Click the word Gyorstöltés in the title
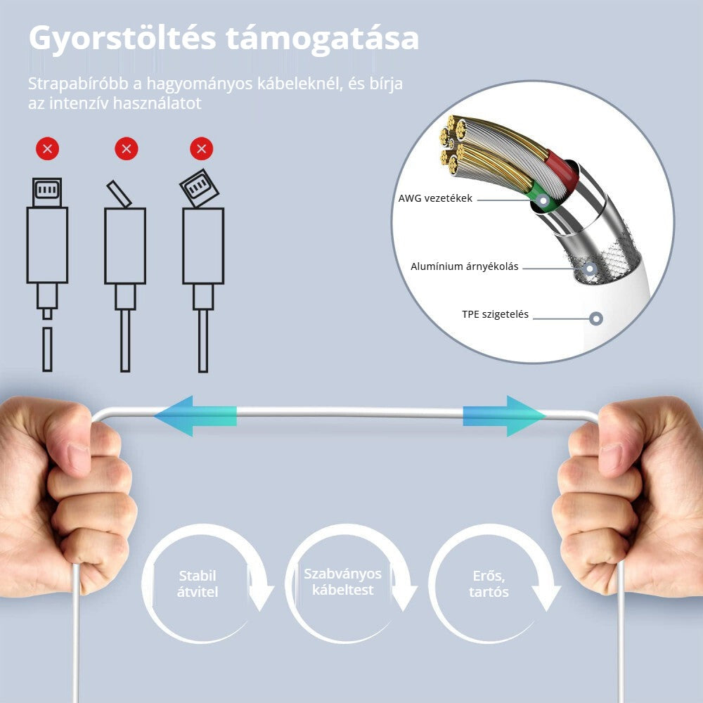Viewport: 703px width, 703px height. [x=122, y=39]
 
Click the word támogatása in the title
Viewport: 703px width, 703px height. [x=323, y=39]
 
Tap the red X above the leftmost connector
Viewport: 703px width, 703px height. [x=48, y=148]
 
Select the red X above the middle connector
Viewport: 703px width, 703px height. [x=127, y=148]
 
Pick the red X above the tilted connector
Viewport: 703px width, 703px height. [x=201, y=148]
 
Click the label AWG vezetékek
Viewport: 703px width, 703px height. [x=435, y=198]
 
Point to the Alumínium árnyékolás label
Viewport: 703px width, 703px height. [x=465, y=266]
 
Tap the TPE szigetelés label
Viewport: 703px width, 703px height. [x=496, y=314]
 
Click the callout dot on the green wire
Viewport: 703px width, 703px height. [x=543, y=200]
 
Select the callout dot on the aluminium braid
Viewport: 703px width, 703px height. [x=591, y=269]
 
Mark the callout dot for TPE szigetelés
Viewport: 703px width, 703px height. [x=596, y=318]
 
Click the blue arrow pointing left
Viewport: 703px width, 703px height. [x=195, y=416]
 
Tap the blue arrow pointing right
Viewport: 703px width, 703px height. [x=504, y=416]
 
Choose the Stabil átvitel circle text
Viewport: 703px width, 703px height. [x=198, y=583]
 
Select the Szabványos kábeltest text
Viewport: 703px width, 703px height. [x=342, y=581]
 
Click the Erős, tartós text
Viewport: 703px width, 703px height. [x=489, y=583]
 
